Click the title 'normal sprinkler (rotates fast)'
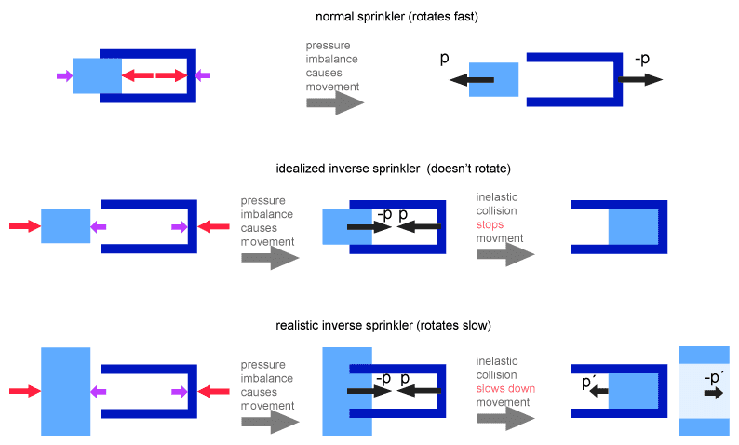398,17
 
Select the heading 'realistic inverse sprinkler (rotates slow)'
383,325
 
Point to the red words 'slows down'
505,388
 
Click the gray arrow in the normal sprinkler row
334,101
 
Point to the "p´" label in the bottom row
588,382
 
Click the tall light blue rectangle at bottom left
65,391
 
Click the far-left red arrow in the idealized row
24,226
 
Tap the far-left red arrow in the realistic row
24,392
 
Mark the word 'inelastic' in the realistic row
498,360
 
